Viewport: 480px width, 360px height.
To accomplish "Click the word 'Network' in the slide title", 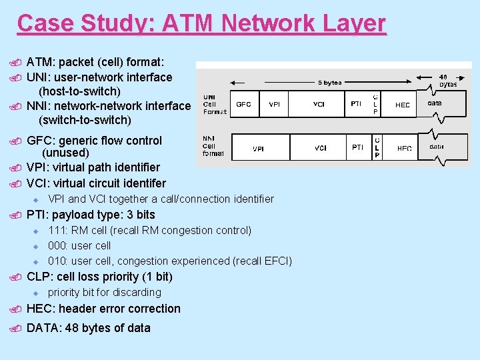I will [261, 23].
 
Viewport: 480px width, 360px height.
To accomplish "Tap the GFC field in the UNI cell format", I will [243, 105].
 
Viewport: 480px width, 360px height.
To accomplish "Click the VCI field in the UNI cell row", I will [319, 105].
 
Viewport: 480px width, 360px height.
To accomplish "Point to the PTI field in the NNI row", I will [358, 147].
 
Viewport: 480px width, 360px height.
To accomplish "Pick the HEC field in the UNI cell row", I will [403, 105].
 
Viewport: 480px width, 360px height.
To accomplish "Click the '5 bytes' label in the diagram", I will [329, 83].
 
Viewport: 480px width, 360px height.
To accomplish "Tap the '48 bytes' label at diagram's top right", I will [448, 81].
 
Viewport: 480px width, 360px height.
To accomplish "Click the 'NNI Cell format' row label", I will [213, 145].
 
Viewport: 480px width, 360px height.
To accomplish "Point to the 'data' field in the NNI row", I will [437, 147].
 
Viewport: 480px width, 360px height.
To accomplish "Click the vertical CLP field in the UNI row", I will [375, 104].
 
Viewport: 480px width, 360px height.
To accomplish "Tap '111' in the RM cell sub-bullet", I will [57, 231].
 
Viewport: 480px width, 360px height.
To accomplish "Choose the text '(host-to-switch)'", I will [79, 91].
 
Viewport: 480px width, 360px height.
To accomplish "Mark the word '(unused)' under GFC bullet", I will [65, 153].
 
